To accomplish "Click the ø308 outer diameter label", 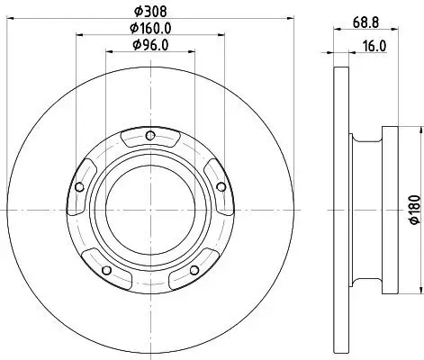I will (150, 12).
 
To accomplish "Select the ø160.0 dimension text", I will (150, 28).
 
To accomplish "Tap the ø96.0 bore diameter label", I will (150, 44).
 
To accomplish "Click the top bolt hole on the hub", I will (150, 137).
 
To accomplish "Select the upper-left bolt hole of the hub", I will (80, 187).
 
